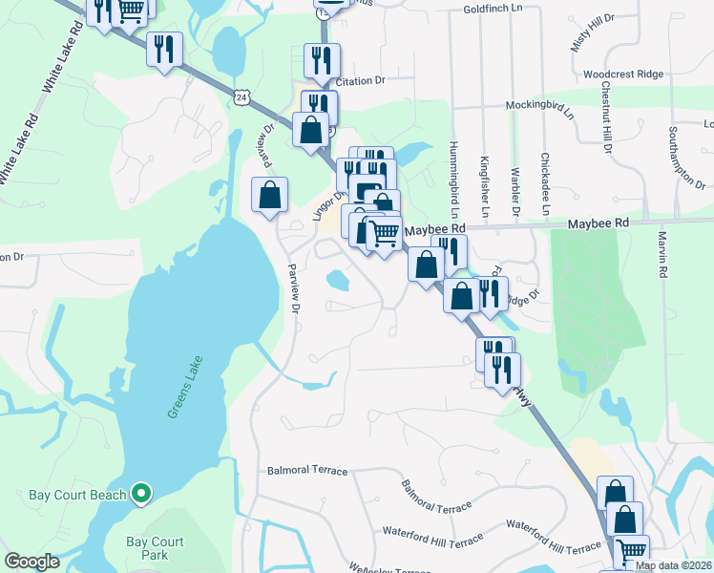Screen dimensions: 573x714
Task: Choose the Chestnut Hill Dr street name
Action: [605, 117]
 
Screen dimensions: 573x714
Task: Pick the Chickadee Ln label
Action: [545, 183]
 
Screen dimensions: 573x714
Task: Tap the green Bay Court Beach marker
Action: [141, 494]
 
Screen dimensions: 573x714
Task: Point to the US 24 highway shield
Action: [244, 95]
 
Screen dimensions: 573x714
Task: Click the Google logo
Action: [32, 562]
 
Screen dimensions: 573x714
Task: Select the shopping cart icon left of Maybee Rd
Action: [383, 232]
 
